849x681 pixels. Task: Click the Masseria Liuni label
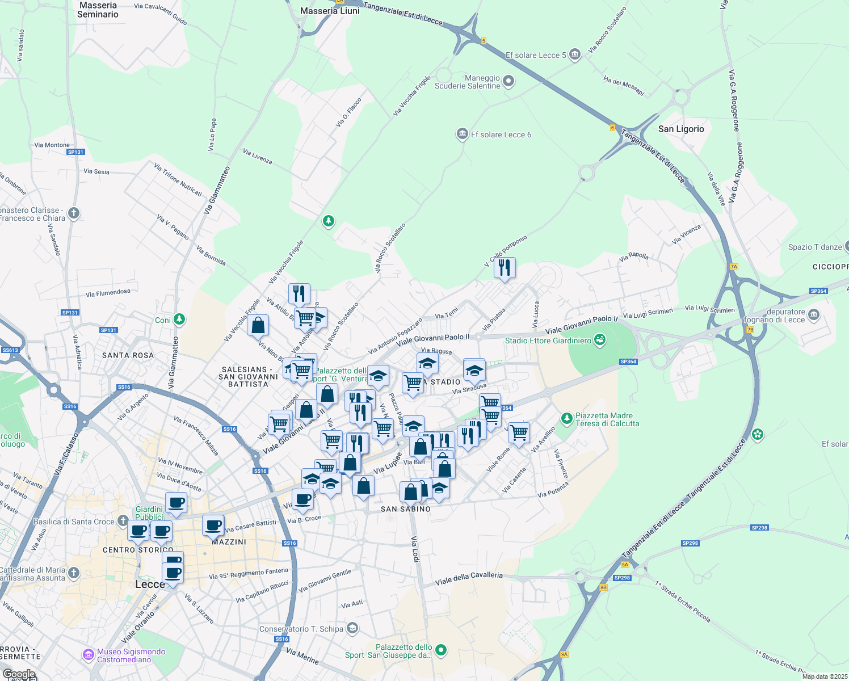tap(330, 11)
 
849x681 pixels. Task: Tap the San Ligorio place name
tap(681, 129)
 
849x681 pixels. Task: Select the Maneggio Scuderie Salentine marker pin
tap(508, 81)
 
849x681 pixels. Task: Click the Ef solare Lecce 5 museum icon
tap(575, 54)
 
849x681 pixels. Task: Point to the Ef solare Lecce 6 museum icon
tap(463, 134)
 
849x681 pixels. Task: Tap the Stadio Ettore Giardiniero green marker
tap(599, 340)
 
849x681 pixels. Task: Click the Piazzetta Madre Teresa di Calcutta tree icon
tap(566, 419)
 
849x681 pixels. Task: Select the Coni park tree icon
tap(179, 320)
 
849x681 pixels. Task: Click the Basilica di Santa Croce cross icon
tap(123, 521)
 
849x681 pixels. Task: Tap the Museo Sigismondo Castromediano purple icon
tap(88, 655)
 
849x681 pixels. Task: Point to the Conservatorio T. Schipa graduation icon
tap(352, 628)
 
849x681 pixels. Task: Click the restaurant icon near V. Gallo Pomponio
tap(505, 267)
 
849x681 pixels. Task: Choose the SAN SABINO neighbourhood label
tap(405, 509)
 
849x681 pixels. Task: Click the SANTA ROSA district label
tap(128, 355)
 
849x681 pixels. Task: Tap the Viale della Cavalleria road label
tap(469, 578)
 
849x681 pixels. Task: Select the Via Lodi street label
tap(415, 549)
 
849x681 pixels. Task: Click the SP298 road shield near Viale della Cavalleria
tap(622, 578)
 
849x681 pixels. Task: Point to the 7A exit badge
tap(734, 266)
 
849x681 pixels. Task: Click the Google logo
tap(19, 674)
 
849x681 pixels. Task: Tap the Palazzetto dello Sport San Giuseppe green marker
tap(442, 650)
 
